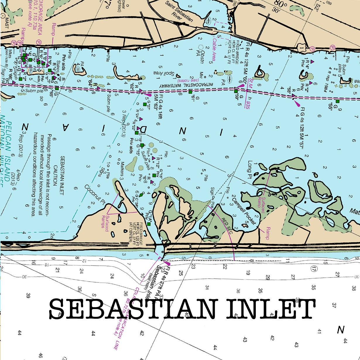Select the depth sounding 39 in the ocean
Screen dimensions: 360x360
(28, 296)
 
